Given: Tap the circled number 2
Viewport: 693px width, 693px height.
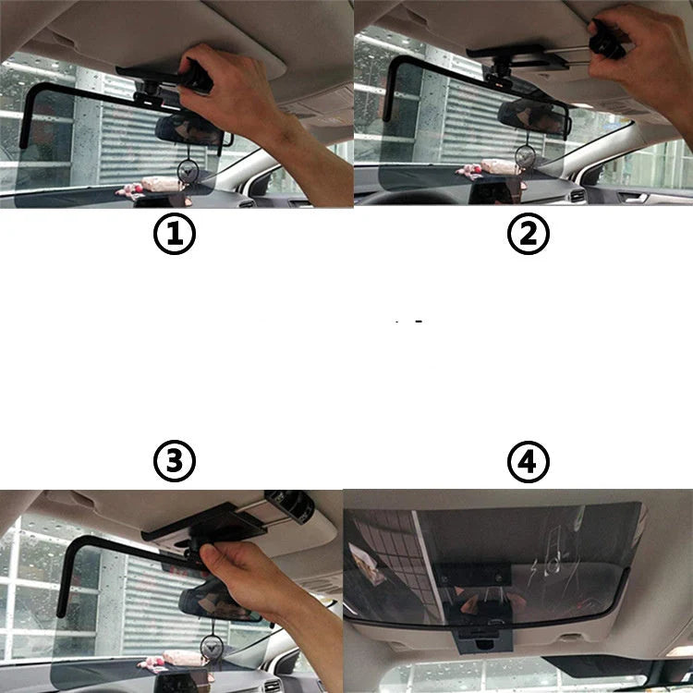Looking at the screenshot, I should click(x=528, y=234).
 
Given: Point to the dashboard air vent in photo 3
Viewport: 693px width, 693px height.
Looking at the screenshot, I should click(x=272, y=685).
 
